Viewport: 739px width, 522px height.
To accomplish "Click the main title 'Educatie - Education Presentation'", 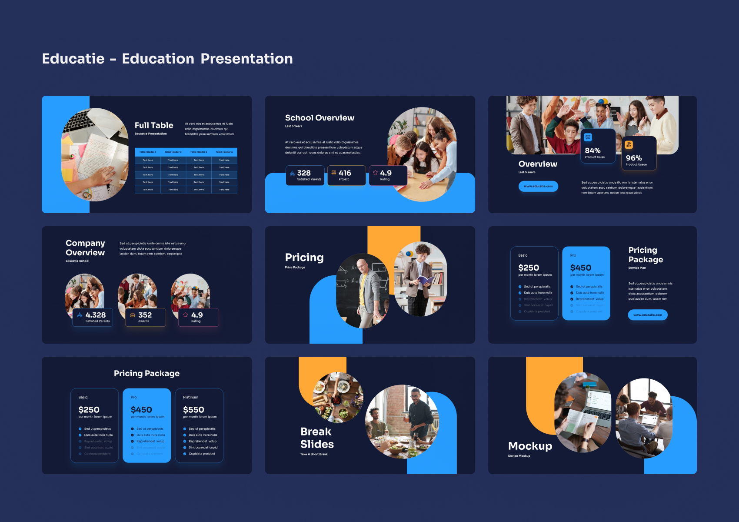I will [167, 59].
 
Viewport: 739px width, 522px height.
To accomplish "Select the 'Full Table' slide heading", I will [154, 125].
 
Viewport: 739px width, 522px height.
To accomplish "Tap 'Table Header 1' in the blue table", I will [147, 152].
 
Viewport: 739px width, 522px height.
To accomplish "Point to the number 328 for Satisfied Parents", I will [304, 173].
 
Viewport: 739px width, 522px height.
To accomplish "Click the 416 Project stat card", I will [346, 175].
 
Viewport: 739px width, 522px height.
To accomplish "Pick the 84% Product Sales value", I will [593, 151].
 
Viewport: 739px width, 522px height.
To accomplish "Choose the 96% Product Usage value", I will [634, 158].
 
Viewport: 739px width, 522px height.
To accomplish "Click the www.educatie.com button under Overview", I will [538, 186].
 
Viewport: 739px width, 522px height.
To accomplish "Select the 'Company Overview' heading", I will [85, 248].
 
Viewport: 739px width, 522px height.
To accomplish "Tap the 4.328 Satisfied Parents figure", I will [96, 315].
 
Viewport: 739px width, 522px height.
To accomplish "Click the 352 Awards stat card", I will [145, 317].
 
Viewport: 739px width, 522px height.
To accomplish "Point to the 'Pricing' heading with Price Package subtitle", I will [304, 258].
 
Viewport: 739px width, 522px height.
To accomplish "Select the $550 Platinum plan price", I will [193, 410].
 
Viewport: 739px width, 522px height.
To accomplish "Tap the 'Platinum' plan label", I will [190, 397].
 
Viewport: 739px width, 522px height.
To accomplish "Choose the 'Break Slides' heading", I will [317, 438].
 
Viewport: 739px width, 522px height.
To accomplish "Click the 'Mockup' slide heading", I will [530, 446].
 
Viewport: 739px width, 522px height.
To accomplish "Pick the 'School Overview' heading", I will [320, 118].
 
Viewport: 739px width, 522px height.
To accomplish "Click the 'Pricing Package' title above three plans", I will [146, 373].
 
